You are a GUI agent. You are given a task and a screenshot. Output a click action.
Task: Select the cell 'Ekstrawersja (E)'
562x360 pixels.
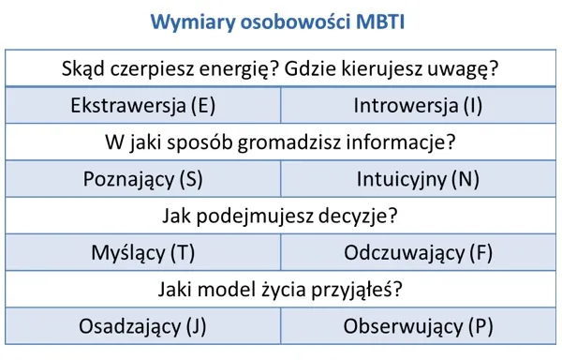coord(143,105)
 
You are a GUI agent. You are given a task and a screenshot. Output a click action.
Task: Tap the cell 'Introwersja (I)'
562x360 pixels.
coord(418,105)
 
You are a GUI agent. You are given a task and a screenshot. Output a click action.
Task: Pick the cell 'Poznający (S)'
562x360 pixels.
coord(143,179)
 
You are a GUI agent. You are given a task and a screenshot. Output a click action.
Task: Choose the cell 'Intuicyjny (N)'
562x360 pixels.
coord(418,179)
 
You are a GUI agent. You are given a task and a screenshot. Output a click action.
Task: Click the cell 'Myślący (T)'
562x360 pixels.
coord(143,253)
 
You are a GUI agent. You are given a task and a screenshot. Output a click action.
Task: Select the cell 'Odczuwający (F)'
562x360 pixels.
coord(418,253)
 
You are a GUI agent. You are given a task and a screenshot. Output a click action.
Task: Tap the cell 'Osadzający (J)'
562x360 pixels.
coord(143,326)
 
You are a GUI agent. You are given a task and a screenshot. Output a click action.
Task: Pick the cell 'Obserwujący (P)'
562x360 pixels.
coord(418,326)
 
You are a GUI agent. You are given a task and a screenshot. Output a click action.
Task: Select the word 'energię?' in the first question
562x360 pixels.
coord(234,68)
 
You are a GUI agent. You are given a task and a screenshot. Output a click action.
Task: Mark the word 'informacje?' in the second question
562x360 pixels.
coord(407,142)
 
